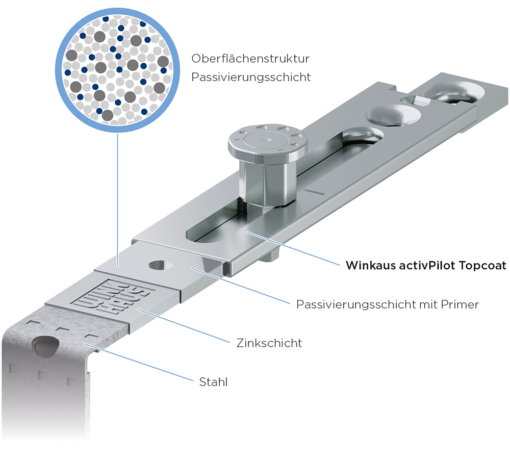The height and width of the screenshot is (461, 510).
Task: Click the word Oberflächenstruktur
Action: point(250,59)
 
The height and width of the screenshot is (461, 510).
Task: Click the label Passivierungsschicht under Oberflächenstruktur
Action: point(251,78)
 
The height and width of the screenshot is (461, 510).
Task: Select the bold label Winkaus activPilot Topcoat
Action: point(426,266)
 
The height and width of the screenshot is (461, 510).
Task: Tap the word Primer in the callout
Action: point(460,304)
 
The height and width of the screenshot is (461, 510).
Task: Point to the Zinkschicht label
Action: point(269,343)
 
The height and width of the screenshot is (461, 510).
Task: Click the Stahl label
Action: point(213,382)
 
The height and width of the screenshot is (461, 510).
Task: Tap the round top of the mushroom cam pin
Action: point(267,141)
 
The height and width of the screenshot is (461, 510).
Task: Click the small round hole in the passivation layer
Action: point(160,265)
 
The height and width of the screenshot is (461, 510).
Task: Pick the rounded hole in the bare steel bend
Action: point(45,347)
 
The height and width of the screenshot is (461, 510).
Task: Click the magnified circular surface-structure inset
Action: point(117,70)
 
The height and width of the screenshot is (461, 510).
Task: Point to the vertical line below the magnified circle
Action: point(117,199)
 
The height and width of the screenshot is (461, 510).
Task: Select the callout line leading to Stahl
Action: point(139,362)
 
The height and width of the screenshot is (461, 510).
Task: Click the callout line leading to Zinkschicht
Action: point(184,326)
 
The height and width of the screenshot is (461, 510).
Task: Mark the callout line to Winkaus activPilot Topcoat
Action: point(293,248)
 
